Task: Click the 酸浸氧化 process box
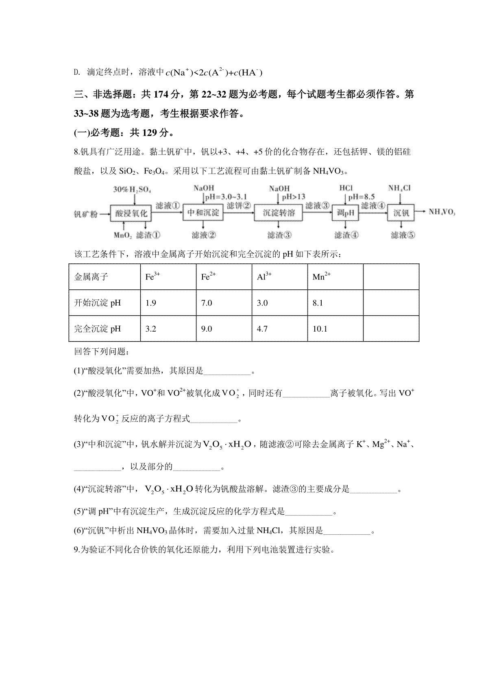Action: click(x=131, y=213)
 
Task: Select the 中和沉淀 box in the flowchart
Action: click(x=203, y=213)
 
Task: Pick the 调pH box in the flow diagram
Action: click(x=346, y=213)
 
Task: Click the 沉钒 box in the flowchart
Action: click(x=401, y=213)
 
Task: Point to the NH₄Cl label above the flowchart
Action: click(x=399, y=188)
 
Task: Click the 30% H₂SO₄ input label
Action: click(x=129, y=189)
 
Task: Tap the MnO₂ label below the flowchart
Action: click(x=123, y=235)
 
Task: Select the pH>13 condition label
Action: click(x=293, y=197)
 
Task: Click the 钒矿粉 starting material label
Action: click(x=86, y=213)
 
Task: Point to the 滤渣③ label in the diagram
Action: click(x=279, y=235)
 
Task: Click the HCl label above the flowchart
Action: click(x=346, y=188)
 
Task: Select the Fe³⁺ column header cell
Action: click(x=152, y=277)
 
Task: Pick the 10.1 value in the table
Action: click(x=320, y=329)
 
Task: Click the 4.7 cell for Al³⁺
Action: click(x=262, y=329)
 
